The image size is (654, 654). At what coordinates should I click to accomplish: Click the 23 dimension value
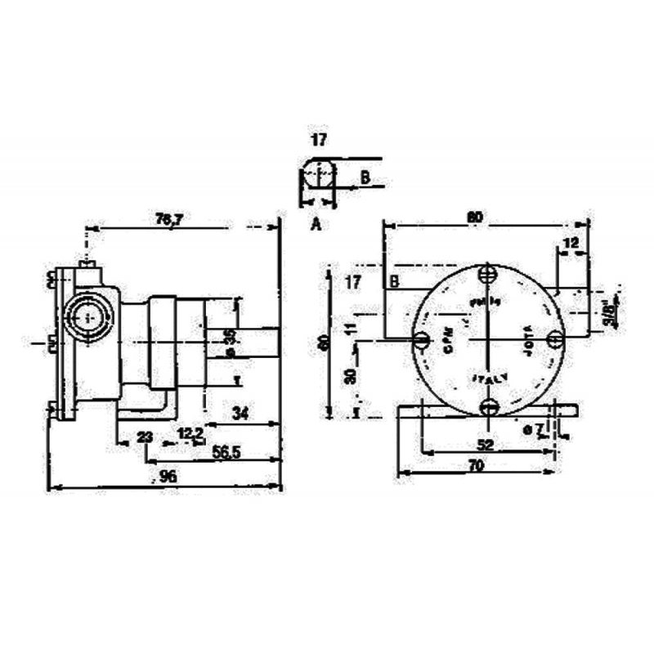[x=145, y=438]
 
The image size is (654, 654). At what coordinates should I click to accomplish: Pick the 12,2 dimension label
[x=190, y=432]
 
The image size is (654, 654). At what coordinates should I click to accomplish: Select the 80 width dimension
[x=474, y=217]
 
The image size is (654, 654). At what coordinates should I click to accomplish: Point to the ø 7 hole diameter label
[x=532, y=429]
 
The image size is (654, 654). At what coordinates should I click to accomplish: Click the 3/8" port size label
[x=609, y=312]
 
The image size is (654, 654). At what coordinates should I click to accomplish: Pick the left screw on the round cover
[x=422, y=339]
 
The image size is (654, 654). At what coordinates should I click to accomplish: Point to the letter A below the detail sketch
[x=315, y=223]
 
